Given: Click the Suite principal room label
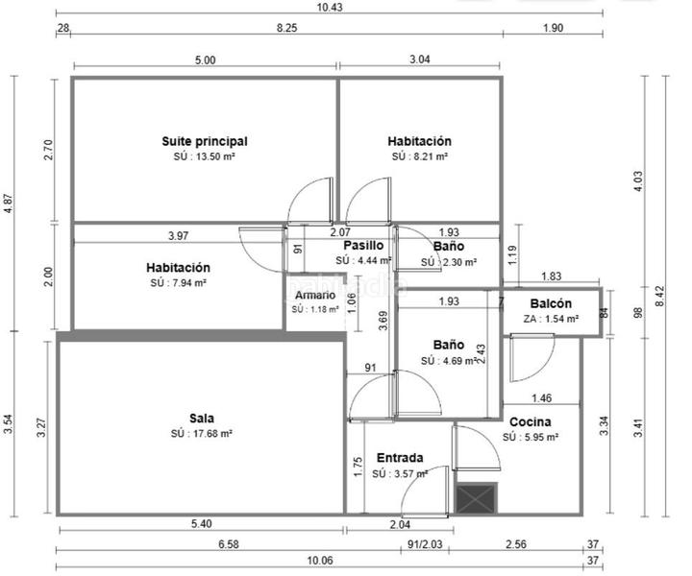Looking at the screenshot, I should pos(205,141).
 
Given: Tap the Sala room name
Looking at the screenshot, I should pos(201,418).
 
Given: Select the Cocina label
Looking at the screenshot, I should pos(530,421).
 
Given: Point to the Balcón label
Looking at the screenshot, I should pos(551,303).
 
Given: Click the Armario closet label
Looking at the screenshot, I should pos(314,295).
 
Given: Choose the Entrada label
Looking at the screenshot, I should pos(400,457).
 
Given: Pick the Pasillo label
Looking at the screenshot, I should pos(363,246).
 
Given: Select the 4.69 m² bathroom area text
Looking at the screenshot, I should pos(448,361).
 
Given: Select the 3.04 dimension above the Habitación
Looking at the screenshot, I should pos(419,60).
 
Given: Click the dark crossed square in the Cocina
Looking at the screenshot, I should pos(475,499).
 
